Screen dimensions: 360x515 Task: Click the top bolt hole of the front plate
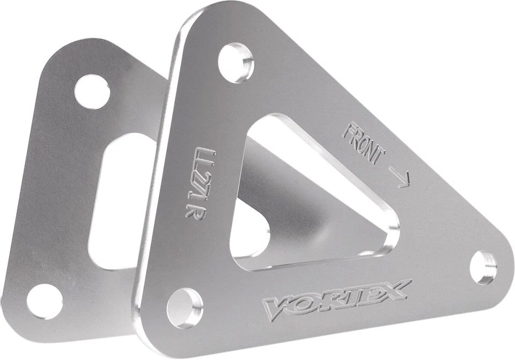coord(237,63)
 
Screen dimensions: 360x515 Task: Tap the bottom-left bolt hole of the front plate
coord(185,307)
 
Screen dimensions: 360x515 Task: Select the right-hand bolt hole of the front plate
coord(483,267)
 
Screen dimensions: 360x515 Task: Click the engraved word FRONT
coord(364,143)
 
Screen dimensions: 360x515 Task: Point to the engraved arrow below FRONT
coord(400,177)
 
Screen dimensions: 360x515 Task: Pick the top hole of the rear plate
coord(92,92)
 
